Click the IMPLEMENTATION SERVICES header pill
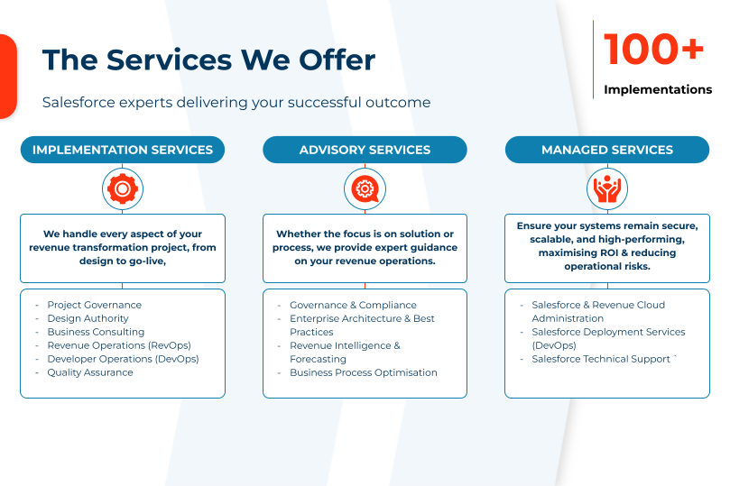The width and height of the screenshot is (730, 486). pyautogui.click(x=123, y=150)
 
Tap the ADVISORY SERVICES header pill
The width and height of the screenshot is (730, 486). pyautogui.click(x=365, y=150)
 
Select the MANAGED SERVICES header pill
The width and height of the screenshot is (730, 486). pyautogui.click(x=607, y=150)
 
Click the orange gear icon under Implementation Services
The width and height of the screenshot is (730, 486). pyautogui.click(x=123, y=188)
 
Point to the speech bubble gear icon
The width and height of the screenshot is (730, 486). pyautogui.click(x=365, y=188)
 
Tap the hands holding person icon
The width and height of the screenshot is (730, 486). pyautogui.click(x=607, y=188)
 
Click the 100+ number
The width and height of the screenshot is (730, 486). pyautogui.click(x=653, y=49)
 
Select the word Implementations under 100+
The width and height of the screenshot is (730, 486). pyautogui.click(x=658, y=89)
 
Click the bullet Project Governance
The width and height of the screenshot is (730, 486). pyautogui.click(x=95, y=305)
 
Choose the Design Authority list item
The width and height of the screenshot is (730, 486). pyautogui.click(x=88, y=318)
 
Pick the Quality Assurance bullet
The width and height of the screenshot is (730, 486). pyautogui.click(x=90, y=372)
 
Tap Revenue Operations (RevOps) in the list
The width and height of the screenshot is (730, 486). pyautogui.click(x=119, y=345)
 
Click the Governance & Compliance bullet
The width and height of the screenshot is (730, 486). pyautogui.click(x=354, y=305)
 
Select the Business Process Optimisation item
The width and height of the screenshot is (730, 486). pyautogui.click(x=364, y=372)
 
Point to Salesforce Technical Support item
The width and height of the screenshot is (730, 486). pyautogui.click(x=601, y=359)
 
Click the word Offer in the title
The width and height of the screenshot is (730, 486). pyautogui.click(x=337, y=60)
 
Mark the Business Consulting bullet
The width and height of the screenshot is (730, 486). pyautogui.click(x=96, y=332)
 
